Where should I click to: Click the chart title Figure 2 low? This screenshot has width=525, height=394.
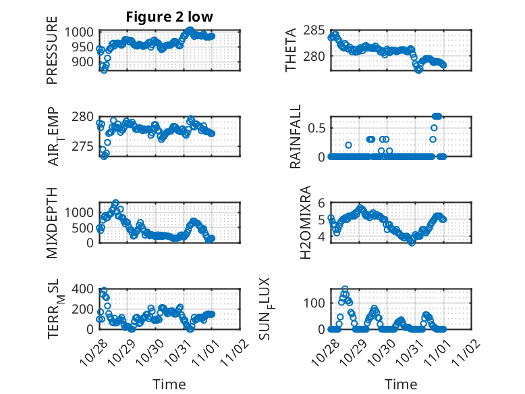pyautogui.click(x=169, y=17)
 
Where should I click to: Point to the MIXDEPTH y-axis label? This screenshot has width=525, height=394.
pyautogui.click(x=52, y=222)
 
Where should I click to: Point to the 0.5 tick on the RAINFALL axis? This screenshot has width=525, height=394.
pyautogui.click(x=317, y=128)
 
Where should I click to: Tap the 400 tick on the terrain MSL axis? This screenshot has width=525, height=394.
pyautogui.click(x=86, y=289)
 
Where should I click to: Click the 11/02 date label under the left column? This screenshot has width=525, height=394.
pyautogui.click(x=234, y=351)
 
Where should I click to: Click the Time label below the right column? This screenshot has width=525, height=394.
pyautogui.click(x=401, y=385)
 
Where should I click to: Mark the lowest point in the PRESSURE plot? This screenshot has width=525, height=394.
pyautogui.click(x=104, y=70)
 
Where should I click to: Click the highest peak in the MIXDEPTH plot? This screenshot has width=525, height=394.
pyautogui.click(x=115, y=203)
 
